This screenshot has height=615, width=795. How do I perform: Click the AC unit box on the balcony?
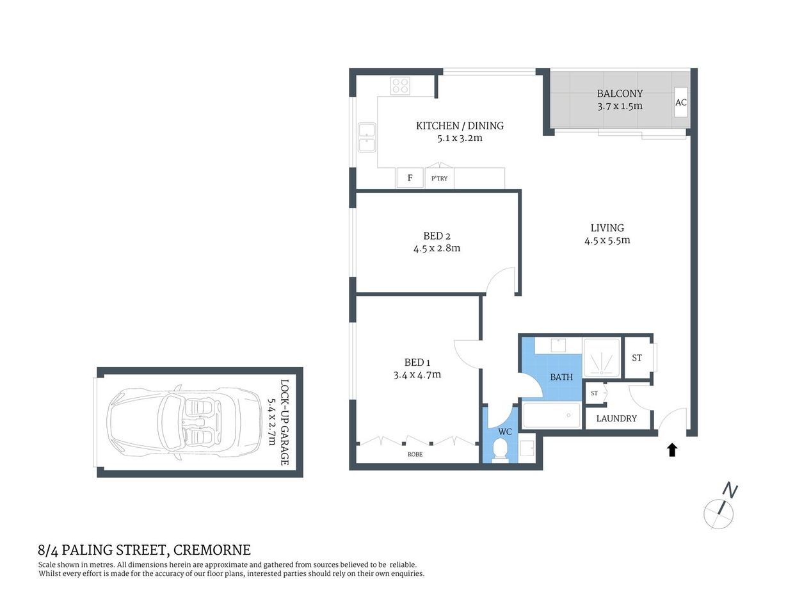(x=681, y=103)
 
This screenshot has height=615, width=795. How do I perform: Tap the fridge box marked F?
(x=410, y=178)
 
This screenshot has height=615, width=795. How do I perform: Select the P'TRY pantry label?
(x=440, y=179)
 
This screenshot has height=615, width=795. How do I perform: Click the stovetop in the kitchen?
(x=401, y=86)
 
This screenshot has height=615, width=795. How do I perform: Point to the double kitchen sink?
(x=367, y=138)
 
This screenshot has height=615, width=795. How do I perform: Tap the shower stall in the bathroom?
(x=602, y=356)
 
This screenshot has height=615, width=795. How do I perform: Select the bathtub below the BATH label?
(x=552, y=415)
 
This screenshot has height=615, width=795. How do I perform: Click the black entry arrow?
(x=672, y=450)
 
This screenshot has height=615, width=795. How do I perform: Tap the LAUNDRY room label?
(x=616, y=418)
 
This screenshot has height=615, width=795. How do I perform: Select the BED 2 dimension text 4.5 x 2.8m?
(x=437, y=249)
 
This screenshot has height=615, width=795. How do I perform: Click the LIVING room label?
(x=607, y=227)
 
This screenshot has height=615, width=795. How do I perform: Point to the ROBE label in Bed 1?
(x=415, y=454)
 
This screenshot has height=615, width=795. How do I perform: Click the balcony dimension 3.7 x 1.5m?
(x=620, y=106)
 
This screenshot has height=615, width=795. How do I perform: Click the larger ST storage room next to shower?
(x=637, y=357)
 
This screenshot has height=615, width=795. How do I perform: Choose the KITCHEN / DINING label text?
(x=460, y=126)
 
